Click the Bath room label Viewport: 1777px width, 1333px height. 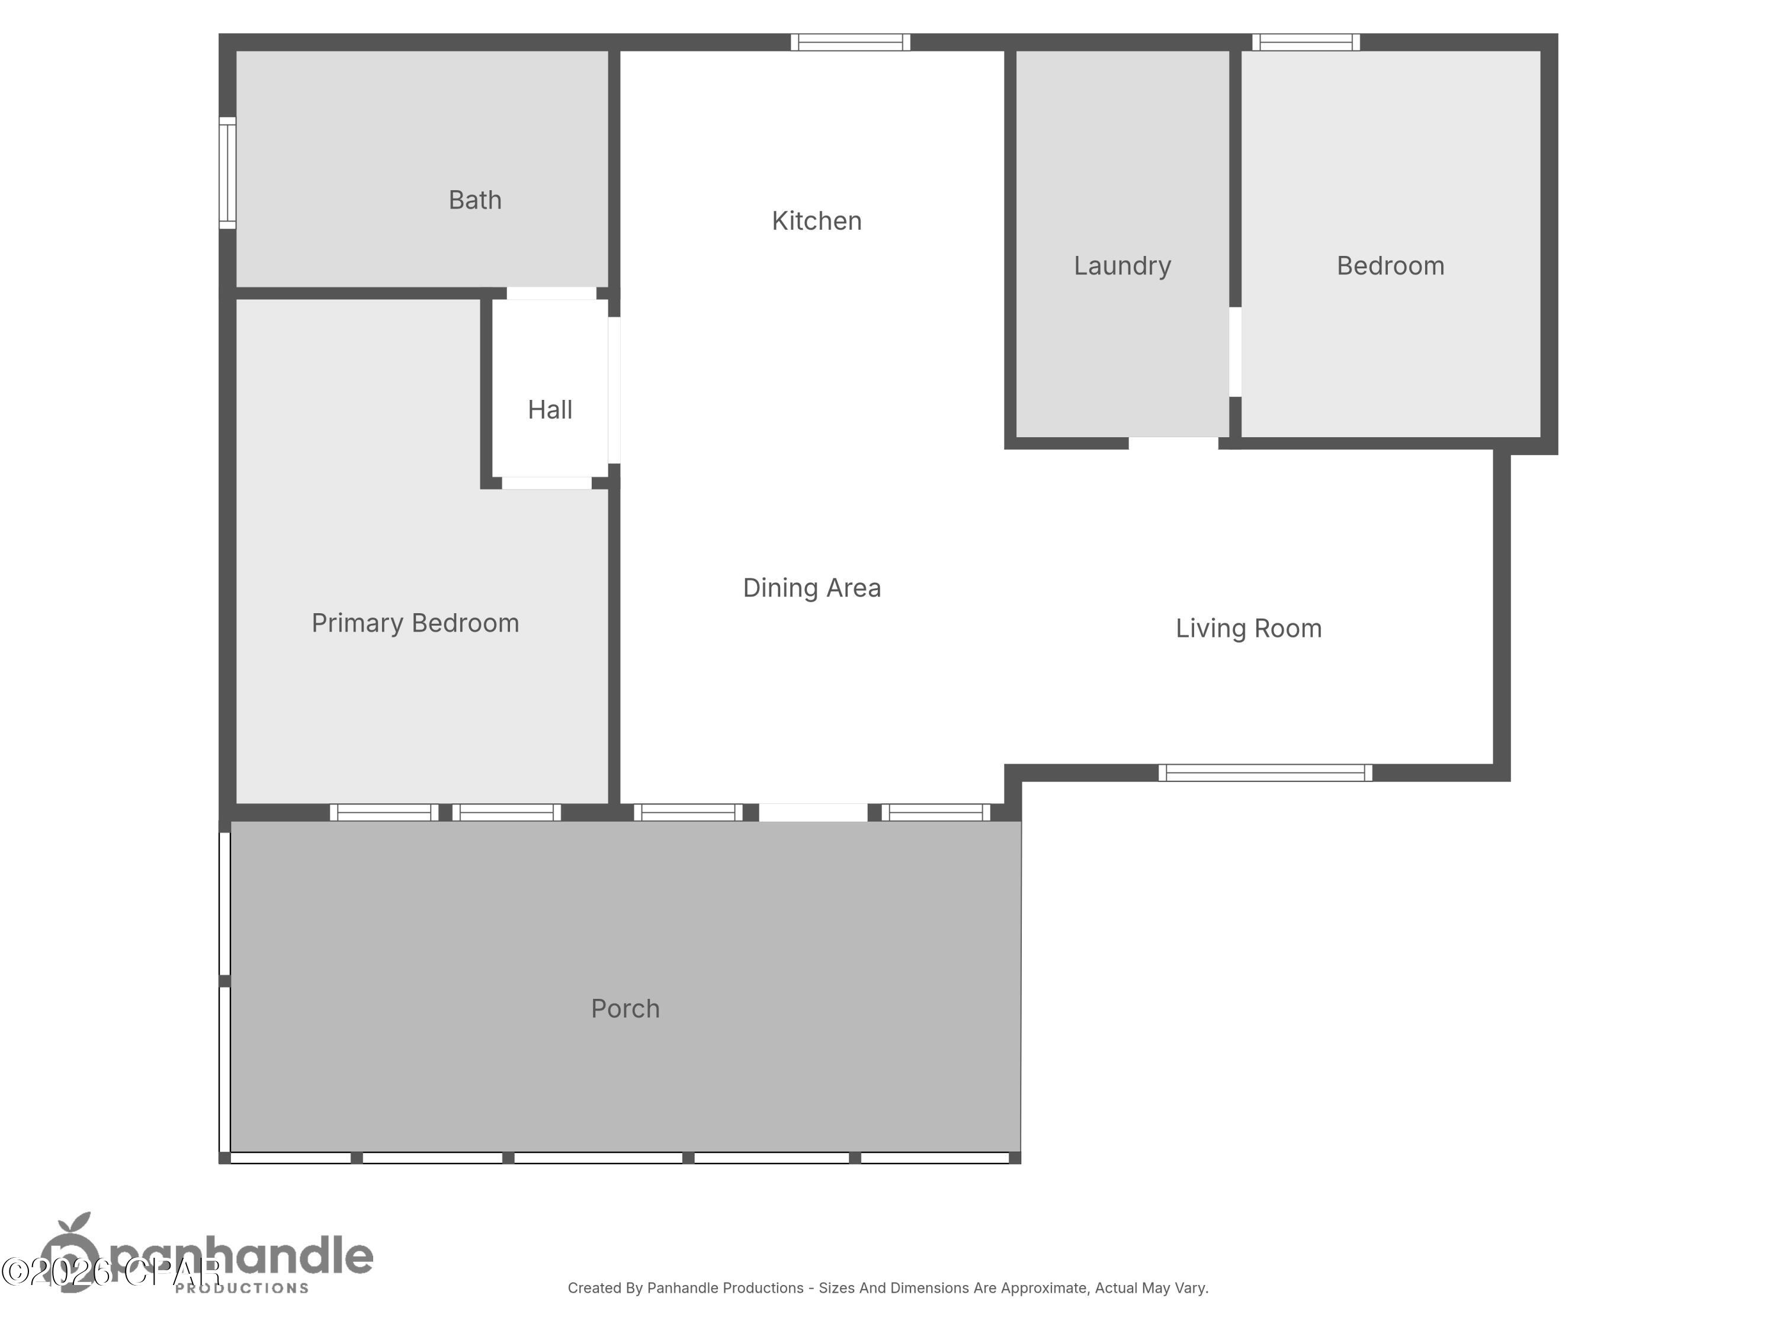475,200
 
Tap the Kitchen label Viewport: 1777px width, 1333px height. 816,221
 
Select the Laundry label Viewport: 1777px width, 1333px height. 1122,266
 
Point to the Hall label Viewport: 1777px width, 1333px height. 550,410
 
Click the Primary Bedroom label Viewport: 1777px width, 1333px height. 415,623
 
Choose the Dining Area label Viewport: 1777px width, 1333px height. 811,588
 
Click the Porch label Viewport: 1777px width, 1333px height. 625,1009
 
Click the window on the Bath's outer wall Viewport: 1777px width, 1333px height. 228,173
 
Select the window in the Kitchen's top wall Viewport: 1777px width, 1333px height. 850,43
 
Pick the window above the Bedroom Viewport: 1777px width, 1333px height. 1306,43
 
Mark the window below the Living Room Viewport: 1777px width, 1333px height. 1265,773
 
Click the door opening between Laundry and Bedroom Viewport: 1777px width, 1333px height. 1236,352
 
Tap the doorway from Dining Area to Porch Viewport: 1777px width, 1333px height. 813,812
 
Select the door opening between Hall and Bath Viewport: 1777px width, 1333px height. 551,293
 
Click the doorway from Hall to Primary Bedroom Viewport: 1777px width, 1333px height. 546,483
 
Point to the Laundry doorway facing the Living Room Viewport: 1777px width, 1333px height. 1173,443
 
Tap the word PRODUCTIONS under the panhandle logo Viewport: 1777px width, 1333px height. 242,1288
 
